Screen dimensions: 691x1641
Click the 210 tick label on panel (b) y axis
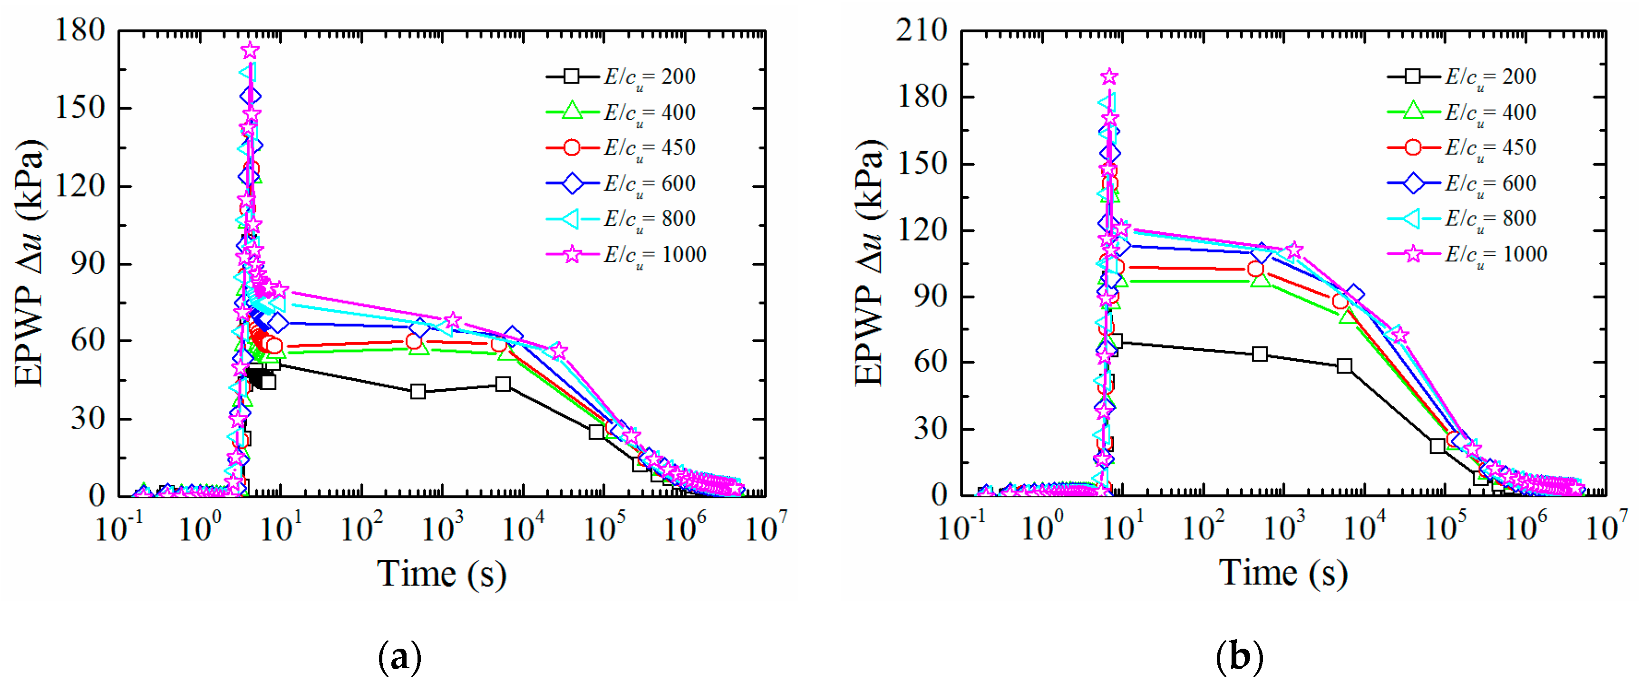(922, 30)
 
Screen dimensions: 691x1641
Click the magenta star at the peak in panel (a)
(250, 50)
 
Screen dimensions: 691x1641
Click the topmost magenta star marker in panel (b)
(1109, 77)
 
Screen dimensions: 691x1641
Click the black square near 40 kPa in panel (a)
(418, 391)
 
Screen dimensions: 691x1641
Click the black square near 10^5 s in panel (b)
(1437, 446)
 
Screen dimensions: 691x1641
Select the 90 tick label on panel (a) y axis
(88, 263)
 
